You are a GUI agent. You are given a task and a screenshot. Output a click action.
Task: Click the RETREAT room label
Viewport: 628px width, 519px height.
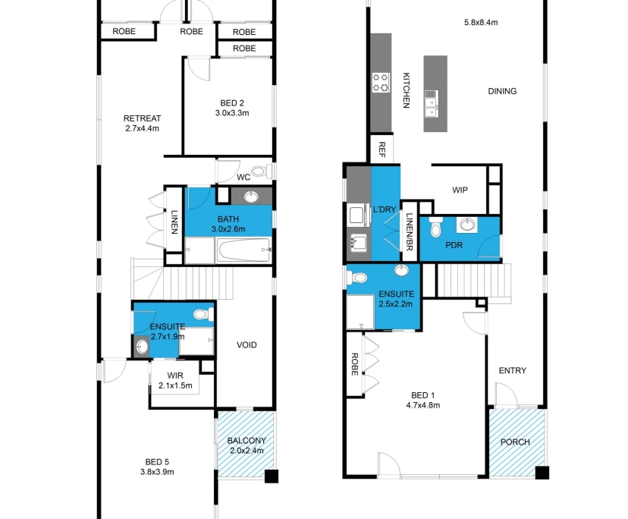point(142,118)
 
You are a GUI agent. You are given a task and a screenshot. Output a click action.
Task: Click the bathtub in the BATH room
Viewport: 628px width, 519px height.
point(243,250)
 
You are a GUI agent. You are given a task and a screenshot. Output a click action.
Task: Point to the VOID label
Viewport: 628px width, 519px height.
point(246,344)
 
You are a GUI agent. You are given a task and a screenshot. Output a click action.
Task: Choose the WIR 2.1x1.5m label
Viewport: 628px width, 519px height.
point(174,380)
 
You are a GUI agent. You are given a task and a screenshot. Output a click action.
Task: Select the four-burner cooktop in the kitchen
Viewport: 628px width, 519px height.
point(380,82)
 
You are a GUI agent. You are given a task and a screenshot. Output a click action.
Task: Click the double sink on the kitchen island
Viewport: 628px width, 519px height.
point(431,104)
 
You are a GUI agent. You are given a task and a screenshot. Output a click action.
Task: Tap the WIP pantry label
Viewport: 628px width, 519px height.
point(460,190)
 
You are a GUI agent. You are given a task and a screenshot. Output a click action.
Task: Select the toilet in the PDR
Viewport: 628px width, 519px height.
point(436,227)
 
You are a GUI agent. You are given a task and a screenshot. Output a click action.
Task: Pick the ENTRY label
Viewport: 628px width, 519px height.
point(512,370)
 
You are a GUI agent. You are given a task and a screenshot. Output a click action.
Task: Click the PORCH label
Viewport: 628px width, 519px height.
point(516,442)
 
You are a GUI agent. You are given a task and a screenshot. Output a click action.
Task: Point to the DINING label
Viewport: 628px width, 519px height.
point(501,91)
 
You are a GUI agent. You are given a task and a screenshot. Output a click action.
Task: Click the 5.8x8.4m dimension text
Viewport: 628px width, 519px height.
point(480,22)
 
